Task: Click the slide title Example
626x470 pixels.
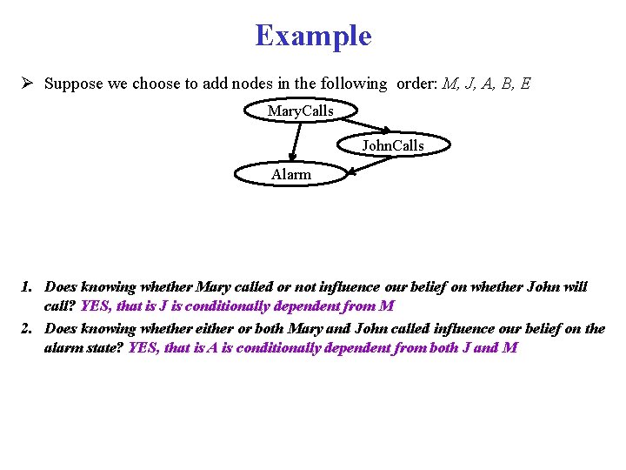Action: point(313,36)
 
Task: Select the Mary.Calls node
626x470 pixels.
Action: point(300,111)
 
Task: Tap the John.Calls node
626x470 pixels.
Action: point(393,145)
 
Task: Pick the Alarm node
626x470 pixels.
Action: point(291,174)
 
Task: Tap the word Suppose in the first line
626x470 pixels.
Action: point(71,84)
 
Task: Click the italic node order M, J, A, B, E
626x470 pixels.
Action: point(486,84)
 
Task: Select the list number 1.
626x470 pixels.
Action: point(27,286)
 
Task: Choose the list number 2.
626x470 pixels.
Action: point(27,328)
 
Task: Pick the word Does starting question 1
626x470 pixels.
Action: point(61,286)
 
